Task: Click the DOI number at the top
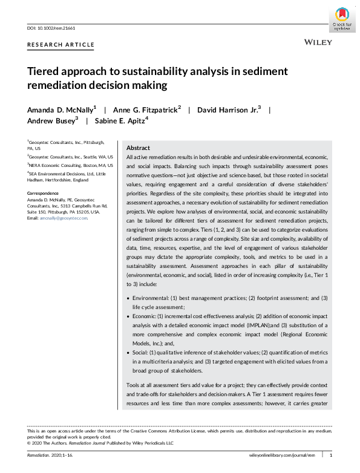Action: (x=55, y=28)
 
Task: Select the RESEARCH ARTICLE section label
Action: (x=61, y=45)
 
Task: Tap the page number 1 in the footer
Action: (x=330, y=454)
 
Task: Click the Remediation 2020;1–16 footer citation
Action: (x=53, y=454)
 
